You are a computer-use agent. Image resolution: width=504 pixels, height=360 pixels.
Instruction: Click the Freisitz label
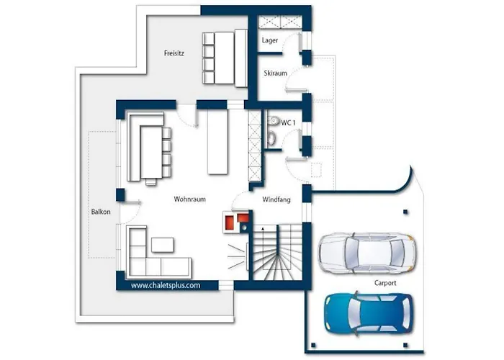(174, 53)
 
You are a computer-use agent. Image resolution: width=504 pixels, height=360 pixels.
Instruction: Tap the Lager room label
(270, 40)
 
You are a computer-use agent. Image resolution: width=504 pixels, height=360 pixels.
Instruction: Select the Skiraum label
(276, 73)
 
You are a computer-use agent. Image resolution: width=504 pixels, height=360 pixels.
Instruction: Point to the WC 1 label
(288, 122)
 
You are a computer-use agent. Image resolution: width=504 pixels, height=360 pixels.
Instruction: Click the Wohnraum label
(189, 199)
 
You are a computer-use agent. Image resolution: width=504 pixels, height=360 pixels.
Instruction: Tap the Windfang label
(276, 199)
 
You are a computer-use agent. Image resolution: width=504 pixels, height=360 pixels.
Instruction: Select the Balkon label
(101, 212)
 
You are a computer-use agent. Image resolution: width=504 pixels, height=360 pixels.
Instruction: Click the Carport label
(385, 283)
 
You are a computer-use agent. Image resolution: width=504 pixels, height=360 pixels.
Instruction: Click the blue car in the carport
(369, 313)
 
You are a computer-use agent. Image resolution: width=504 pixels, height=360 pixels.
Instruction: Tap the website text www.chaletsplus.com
(166, 285)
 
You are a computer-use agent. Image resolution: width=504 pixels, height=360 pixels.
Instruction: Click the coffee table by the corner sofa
(163, 245)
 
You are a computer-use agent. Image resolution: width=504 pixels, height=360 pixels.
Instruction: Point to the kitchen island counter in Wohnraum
(217, 142)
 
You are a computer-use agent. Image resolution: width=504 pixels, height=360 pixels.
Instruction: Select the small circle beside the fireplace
(245, 228)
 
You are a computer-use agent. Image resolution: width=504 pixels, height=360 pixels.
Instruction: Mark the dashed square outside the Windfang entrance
(316, 170)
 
